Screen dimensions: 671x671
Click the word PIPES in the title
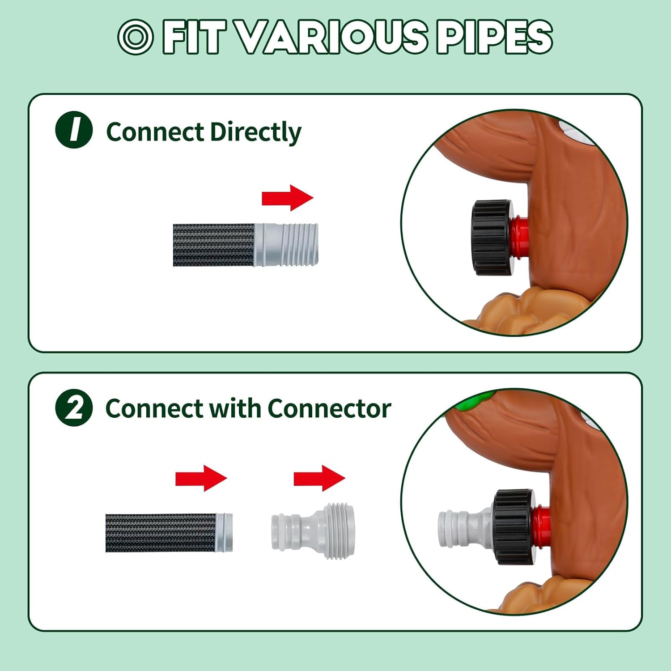click(x=494, y=37)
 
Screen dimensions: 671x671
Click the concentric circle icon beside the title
click(x=136, y=37)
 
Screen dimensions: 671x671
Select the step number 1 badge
click(x=74, y=130)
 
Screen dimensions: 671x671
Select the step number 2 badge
click(x=74, y=408)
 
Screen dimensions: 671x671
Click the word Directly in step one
click(x=255, y=132)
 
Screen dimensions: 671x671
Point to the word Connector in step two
click(x=329, y=408)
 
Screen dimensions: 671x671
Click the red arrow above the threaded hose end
click(x=287, y=198)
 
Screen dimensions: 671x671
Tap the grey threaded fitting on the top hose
click(x=286, y=245)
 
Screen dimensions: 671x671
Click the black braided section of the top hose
click(x=214, y=245)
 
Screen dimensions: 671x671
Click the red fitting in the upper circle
click(x=520, y=238)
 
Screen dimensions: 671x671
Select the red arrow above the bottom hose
click(x=201, y=478)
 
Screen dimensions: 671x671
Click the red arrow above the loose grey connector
click(x=319, y=478)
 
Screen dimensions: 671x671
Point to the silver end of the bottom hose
click(x=224, y=532)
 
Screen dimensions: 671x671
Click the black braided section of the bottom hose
click(x=161, y=533)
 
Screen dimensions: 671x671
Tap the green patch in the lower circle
click(x=474, y=401)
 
